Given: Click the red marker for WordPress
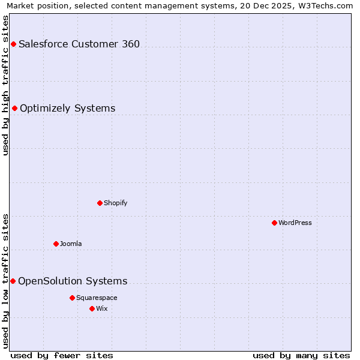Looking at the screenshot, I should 274,223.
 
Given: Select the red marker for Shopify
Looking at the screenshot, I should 100,203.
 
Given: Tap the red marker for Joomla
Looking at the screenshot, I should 56,244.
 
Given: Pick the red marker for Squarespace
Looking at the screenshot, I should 72,298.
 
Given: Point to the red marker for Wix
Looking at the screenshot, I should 92,308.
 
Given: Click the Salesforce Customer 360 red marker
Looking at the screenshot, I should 13,44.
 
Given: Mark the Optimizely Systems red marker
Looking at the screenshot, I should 14,108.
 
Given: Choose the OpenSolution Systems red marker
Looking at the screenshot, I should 13,281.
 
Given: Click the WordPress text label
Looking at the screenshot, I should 295,223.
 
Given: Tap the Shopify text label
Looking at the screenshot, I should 116,203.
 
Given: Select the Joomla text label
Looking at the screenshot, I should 71,244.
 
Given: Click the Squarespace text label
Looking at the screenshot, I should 97,298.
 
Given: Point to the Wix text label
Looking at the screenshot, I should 102,308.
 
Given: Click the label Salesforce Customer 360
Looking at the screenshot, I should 79,44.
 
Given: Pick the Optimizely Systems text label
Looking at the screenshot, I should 68,108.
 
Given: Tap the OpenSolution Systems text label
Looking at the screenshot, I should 73,281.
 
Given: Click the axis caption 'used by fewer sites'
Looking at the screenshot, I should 62,355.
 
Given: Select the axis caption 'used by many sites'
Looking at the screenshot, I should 301,355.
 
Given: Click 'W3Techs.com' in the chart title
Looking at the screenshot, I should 327,5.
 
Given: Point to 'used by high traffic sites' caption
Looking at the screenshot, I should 5,85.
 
